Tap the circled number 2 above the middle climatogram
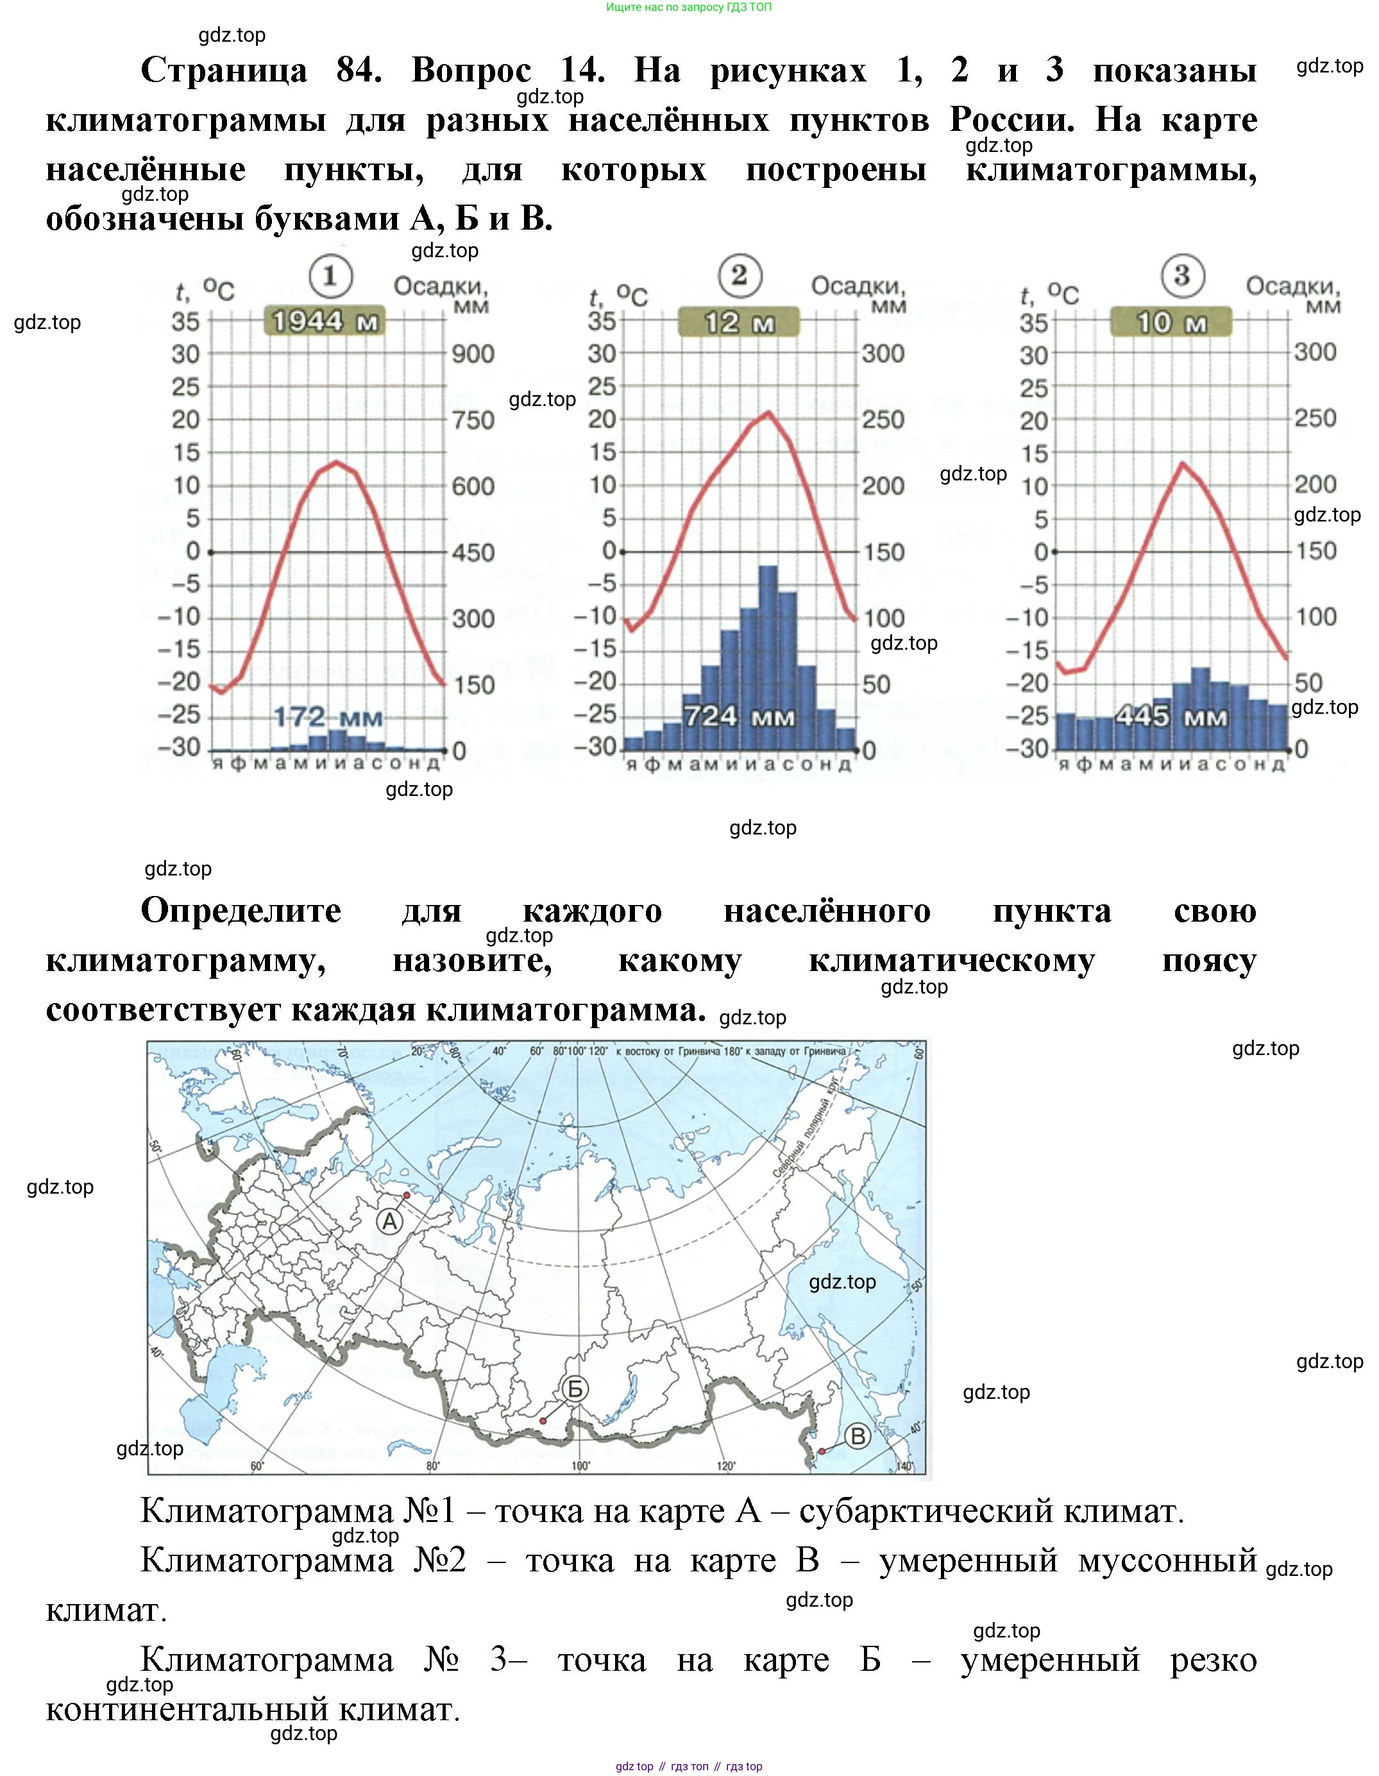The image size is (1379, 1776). point(739,275)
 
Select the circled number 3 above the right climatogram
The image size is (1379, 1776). point(1181,276)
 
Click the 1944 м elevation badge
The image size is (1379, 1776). point(325,322)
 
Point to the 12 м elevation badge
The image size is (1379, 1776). point(738,323)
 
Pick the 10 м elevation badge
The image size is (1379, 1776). point(1171,323)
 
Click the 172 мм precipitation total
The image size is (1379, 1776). point(328,717)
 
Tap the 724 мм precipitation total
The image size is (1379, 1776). point(738,716)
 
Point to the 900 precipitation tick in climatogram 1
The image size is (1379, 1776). point(473,354)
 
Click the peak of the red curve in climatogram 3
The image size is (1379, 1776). point(1182,464)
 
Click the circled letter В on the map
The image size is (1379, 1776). point(858,1436)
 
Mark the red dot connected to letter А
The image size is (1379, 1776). point(407,1196)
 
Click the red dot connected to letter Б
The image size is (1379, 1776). point(543,1421)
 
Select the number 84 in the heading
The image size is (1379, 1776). point(359,71)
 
